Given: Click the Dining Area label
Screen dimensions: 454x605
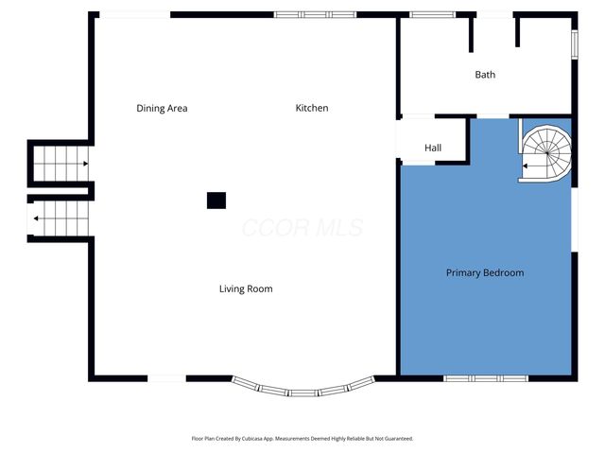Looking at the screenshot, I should pyautogui.click(x=162, y=108).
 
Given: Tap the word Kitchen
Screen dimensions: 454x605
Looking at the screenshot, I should pyautogui.click(x=312, y=108).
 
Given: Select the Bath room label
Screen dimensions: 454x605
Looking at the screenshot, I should pyautogui.click(x=485, y=75).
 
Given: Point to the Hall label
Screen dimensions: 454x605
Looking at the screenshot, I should pyautogui.click(x=433, y=148).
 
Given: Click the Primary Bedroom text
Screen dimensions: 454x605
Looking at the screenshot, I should pyautogui.click(x=484, y=272).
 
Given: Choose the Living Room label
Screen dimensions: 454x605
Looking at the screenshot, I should pyautogui.click(x=246, y=288).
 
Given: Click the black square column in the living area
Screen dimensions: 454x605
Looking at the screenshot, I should pyautogui.click(x=216, y=200).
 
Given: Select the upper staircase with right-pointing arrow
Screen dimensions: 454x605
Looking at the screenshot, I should pyautogui.click(x=60, y=164).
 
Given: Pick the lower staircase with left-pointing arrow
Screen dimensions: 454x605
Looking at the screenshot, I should pyautogui.click(x=60, y=218).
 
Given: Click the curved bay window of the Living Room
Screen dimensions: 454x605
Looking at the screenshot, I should pyautogui.click(x=302, y=389).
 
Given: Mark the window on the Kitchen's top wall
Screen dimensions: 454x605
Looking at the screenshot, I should pyautogui.click(x=315, y=15).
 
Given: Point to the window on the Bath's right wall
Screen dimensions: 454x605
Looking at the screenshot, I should pyautogui.click(x=575, y=44).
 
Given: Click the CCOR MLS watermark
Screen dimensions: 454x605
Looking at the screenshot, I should pyautogui.click(x=302, y=228).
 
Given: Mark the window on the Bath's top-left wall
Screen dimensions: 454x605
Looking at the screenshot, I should pyautogui.click(x=431, y=15).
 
